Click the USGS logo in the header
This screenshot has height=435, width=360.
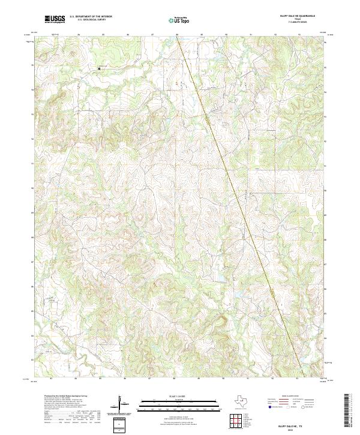pos(55,19)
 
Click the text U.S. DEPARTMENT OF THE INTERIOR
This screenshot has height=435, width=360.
pos(91,17)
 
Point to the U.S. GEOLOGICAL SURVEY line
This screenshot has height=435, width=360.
pos(87,20)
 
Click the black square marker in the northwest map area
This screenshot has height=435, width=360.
pos(100,68)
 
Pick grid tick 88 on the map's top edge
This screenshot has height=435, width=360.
pos(177,35)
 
